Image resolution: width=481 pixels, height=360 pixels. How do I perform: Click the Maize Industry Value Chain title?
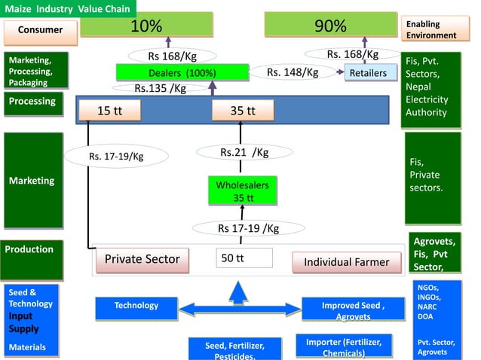click(x=69, y=9)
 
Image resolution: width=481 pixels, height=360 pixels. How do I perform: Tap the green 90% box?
click(x=330, y=26)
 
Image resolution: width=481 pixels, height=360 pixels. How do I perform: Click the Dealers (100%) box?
click(x=182, y=73)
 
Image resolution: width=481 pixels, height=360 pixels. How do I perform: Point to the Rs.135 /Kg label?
click(x=161, y=88)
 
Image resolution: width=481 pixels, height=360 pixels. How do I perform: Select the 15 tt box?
click(x=109, y=111)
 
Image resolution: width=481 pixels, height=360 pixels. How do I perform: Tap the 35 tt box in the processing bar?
click(x=242, y=111)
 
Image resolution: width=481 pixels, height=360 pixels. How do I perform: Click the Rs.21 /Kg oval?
click(x=244, y=152)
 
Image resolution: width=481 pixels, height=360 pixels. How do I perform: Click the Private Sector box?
click(x=142, y=260)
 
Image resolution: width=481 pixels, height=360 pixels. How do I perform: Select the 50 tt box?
click(x=244, y=258)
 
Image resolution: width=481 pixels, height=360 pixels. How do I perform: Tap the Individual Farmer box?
click(x=346, y=262)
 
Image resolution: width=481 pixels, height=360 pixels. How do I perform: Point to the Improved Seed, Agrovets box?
click(x=353, y=310)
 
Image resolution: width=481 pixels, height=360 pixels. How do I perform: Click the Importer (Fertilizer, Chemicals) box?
click(x=344, y=346)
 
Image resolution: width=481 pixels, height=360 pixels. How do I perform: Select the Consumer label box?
click(x=41, y=30)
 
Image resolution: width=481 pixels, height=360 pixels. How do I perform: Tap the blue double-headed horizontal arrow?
click(x=239, y=308)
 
